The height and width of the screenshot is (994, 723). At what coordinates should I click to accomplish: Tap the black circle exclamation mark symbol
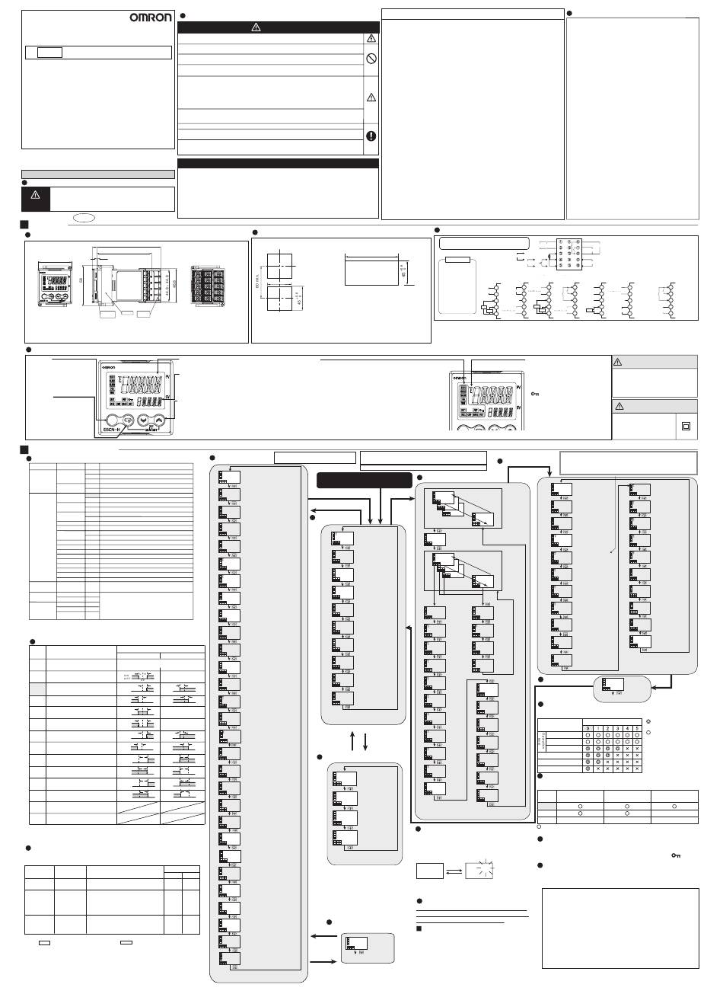coord(371,136)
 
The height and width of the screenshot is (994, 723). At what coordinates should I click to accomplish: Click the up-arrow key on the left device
coord(158,420)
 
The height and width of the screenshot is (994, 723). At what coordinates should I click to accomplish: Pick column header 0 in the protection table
coord(588,728)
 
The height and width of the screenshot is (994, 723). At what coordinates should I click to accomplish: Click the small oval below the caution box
coord(85,217)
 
